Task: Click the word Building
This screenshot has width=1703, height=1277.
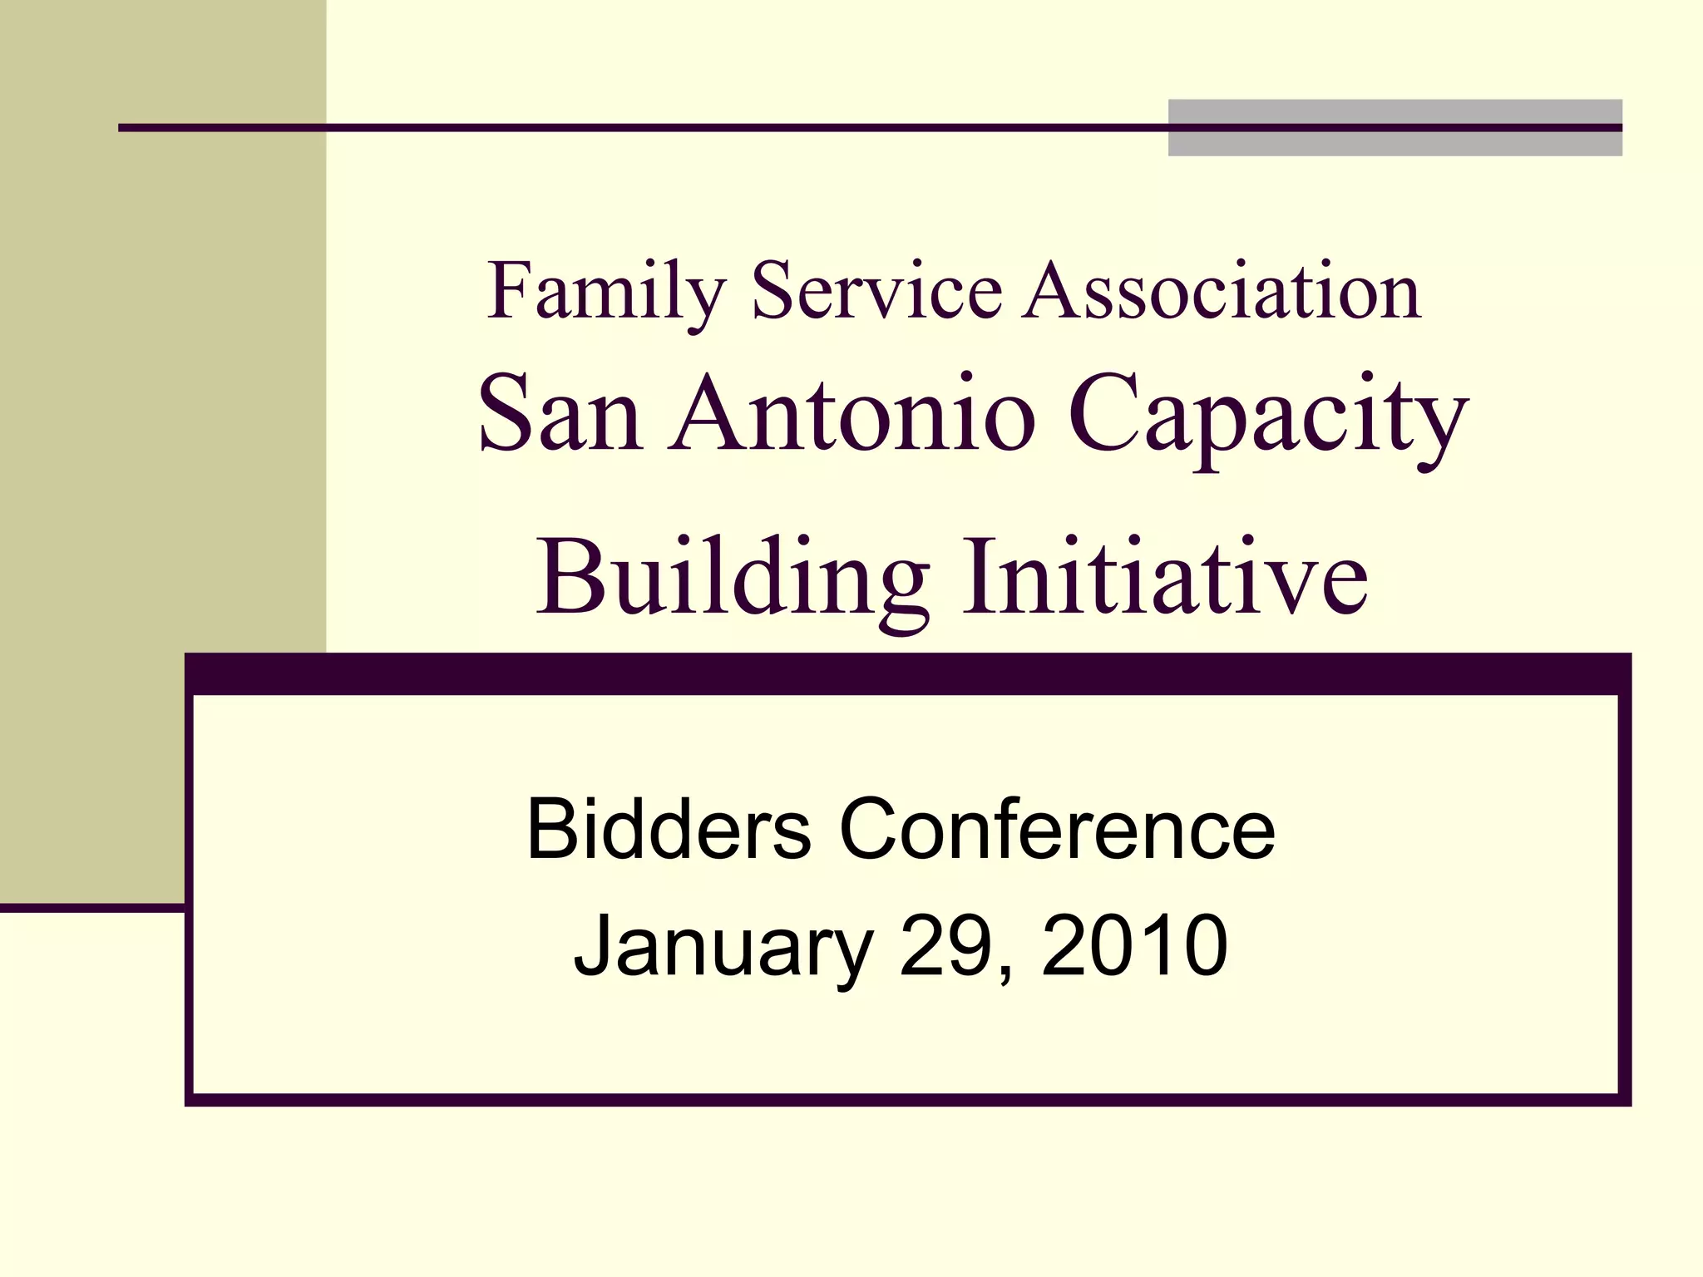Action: [x=732, y=578]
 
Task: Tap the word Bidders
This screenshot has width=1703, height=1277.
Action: [x=669, y=829]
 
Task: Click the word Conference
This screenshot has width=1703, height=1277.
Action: [x=1057, y=829]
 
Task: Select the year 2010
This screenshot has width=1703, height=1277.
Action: [x=1134, y=945]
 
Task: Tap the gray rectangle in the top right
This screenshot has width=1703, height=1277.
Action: [x=1394, y=127]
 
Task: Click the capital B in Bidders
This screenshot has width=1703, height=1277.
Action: [x=551, y=829]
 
